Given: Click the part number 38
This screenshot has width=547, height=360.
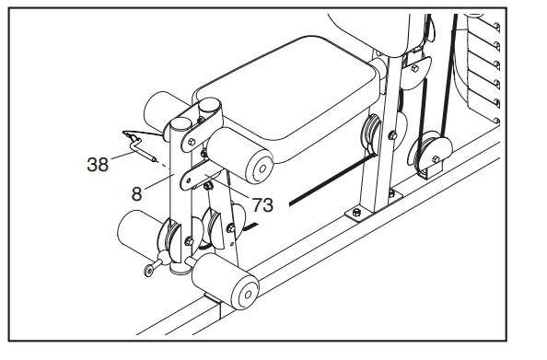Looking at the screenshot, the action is tap(98, 164).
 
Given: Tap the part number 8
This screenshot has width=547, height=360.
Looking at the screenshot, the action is tap(136, 193).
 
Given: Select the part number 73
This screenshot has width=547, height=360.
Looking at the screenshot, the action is tap(262, 204).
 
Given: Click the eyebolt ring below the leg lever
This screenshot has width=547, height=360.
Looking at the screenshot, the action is tap(149, 270).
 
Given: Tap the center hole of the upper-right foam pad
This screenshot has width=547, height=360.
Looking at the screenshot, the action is tap(262, 168).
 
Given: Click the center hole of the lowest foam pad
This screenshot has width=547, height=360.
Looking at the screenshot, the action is tap(248, 295).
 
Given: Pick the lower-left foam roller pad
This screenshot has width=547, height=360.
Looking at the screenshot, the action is tap(140, 232).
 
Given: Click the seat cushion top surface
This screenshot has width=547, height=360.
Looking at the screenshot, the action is tap(289, 91).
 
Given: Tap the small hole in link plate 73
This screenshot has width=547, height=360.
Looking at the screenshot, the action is tap(189, 180).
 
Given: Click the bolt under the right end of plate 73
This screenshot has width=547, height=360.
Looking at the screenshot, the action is tap(209, 186).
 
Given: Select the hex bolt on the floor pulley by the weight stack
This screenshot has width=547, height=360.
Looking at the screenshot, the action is tap(436, 159).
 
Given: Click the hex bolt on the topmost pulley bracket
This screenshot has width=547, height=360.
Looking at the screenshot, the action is tap(415, 68).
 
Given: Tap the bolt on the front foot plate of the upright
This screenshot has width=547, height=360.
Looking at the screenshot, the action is tap(355, 212).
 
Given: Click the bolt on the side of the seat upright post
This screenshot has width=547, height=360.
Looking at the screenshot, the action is tap(393, 135).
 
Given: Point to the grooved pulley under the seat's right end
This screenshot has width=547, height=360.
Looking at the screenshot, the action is tap(370, 134).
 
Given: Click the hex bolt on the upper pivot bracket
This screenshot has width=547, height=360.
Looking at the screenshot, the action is tap(192, 142).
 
